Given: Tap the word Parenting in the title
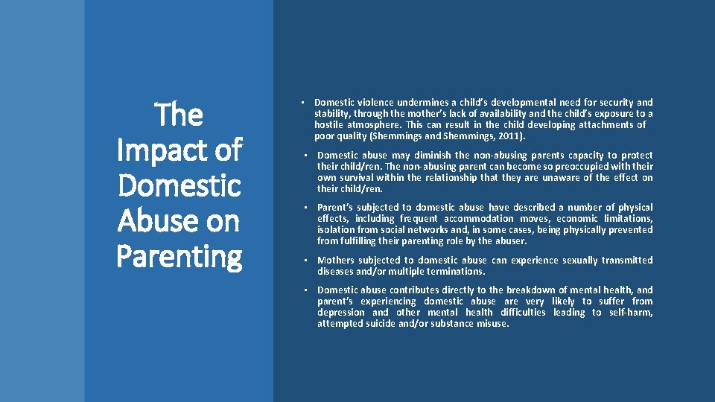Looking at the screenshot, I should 179,258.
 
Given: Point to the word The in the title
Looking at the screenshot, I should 179,115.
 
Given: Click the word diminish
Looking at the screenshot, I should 425,156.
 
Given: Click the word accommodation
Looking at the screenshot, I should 479,219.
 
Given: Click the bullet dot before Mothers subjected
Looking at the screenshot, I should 305,261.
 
